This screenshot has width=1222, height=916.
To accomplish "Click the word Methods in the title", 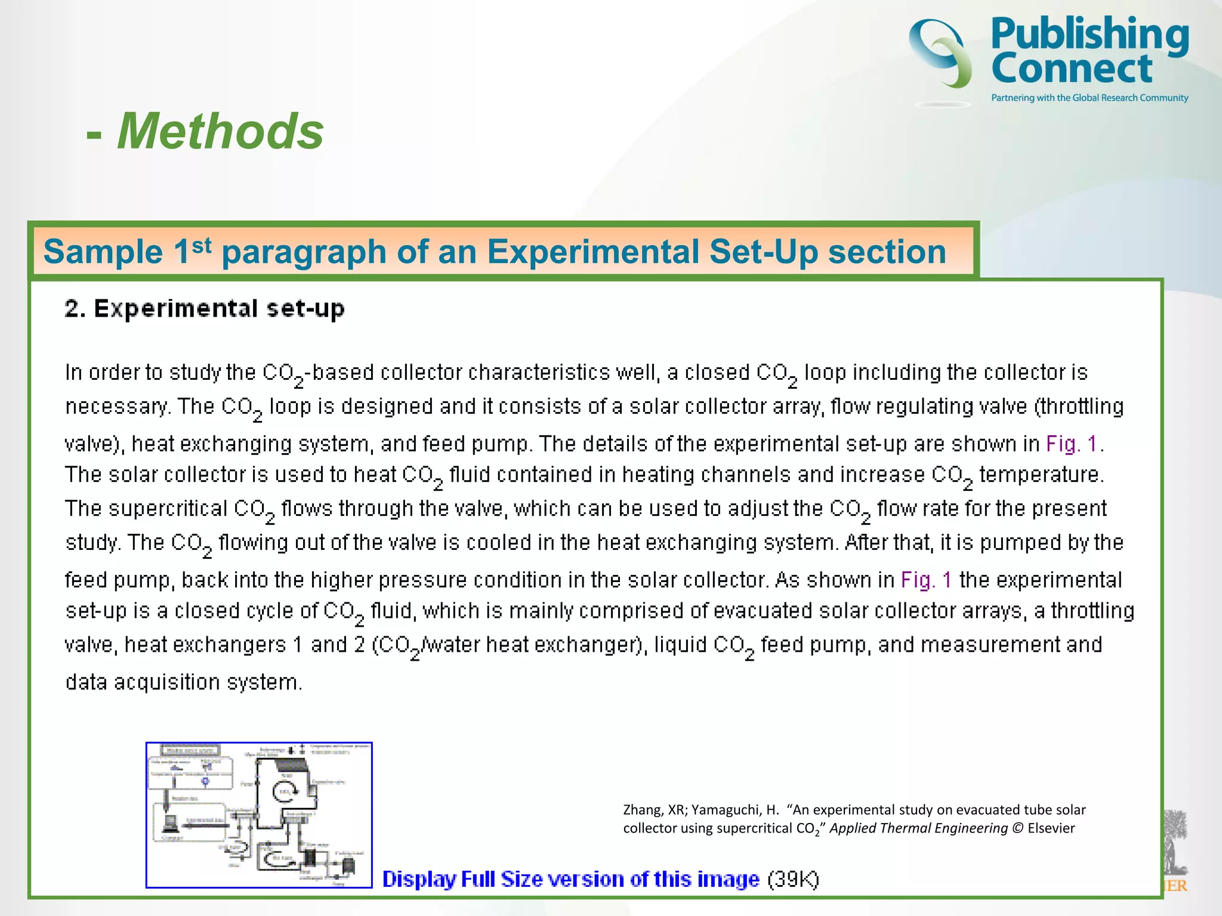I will (x=220, y=131).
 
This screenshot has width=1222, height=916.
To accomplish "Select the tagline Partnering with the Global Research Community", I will (x=1090, y=98).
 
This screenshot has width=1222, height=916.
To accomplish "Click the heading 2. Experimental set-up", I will (x=205, y=309).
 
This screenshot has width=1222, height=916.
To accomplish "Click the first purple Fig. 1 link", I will (x=1072, y=444).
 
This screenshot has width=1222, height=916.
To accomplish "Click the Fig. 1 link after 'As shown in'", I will (x=926, y=580).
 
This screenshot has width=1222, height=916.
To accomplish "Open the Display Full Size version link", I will (x=570, y=879).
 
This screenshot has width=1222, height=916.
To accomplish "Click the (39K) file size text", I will (x=793, y=879).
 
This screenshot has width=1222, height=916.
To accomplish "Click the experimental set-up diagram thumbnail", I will (x=259, y=815).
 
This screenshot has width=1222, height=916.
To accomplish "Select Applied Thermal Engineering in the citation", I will (x=918, y=828).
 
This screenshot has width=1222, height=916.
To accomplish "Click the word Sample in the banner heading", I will (x=103, y=252).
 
